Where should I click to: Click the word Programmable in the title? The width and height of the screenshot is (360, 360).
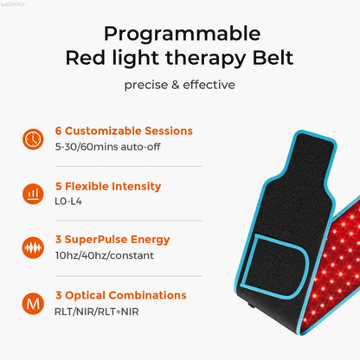[x=180, y=34]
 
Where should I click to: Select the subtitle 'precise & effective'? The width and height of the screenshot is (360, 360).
[x=180, y=85]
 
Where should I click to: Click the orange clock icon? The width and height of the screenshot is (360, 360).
[x=32, y=138]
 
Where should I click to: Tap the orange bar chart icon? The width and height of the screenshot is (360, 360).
[x=32, y=192]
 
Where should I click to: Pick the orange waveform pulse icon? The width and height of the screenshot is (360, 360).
[x=32, y=247]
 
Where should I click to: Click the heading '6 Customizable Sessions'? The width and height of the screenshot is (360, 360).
[x=123, y=131]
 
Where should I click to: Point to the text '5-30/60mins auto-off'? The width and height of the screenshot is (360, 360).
[x=108, y=146]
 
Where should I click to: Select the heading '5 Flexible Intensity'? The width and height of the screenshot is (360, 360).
[x=107, y=185]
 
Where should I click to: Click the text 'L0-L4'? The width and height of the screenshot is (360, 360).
[x=68, y=201]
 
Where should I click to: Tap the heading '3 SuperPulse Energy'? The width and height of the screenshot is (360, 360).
[x=111, y=239]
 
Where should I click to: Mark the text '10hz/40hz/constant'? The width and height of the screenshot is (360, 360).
[x=104, y=255]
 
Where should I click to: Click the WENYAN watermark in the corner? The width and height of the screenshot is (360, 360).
[x=14, y=4]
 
